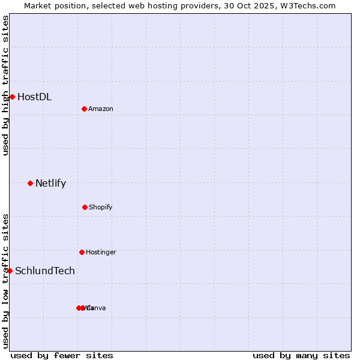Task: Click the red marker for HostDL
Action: pos(12,97)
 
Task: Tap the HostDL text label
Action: pos(34,97)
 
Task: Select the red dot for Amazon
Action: pos(85,109)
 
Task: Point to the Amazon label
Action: pos(101,109)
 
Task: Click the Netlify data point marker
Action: pos(30,183)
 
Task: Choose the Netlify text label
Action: pos(50,184)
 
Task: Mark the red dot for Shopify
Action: pos(85,207)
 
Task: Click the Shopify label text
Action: pos(101,208)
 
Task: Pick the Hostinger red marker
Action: pos(82,252)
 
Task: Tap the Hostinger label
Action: pos(101,253)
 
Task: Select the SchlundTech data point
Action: pos(10,271)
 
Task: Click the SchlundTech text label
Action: pos(45,271)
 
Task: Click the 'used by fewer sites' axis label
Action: pos(62,355)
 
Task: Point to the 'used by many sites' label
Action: pos(301,355)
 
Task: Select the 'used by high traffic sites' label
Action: pos(5,85)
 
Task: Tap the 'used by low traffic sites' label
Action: pos(5,281)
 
